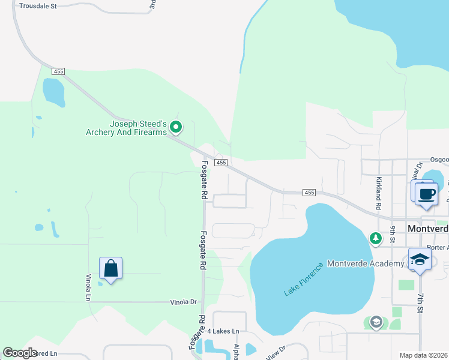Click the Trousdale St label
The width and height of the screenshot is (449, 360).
click(37, 6)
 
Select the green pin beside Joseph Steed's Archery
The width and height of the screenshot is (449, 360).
click(176, 127)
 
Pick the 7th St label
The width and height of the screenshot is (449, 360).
click(421, 304)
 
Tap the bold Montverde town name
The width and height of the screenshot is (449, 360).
click(428, 229)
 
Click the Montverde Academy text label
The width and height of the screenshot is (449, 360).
click(365, 265)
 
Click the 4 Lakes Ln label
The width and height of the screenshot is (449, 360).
click(223, 331)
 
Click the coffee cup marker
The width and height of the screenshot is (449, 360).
click(426, 194)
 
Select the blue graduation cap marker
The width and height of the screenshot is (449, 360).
click(420, 260)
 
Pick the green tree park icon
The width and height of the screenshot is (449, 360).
click(376, 239)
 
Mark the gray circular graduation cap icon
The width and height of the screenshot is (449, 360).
click(376, 322)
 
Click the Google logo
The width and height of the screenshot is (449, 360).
click(20, 353)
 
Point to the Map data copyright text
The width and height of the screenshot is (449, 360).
click(423, 355)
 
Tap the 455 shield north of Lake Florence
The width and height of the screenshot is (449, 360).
click(309, 192)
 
